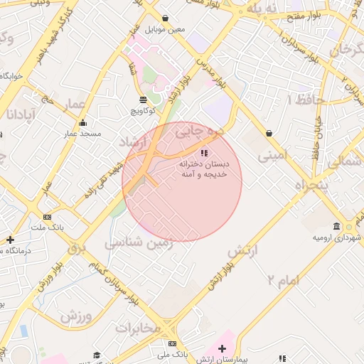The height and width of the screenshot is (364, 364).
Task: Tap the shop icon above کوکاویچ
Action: click(x=144, y=100)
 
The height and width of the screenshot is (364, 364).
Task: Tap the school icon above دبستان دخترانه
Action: click(x=204, y=152)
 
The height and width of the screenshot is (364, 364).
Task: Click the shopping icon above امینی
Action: click(x=269, y=133)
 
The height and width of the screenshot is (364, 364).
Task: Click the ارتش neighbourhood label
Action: click(x=242, y=251)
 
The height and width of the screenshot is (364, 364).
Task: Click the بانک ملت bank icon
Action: click(x=47, y=217)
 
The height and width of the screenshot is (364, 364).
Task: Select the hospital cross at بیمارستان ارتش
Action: click(x=223, y=348)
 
